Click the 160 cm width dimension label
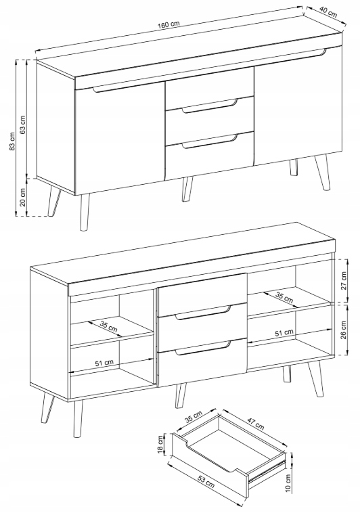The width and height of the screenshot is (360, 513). pyautogui.click(x=170, y=25)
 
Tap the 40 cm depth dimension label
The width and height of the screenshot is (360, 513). pyautogui.click(x=328, y=12)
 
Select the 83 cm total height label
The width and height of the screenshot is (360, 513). pyautogui.click(x=12, y=141)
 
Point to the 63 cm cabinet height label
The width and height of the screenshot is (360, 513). pyautogui.click(x=22, y=125)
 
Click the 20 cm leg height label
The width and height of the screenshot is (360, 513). pyautogui.click(x=22, y=197)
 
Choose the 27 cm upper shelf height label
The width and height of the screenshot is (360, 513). pyautogui.click(x=343, y=280)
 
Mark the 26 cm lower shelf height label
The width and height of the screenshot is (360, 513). pyautogui.click(x=343, y=330)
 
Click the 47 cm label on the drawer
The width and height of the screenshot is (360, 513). pyautogui.click(x=256, y=424)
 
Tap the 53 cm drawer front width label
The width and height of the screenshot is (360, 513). pyautogui.click(x=206, y=481)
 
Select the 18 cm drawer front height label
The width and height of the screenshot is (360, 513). pyautogui.click(x=160, y=444)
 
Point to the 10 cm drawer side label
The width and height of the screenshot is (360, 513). pyautogui.click(x=288, y=483)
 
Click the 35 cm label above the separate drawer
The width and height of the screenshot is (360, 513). pyautogui.click(x=194, y=417)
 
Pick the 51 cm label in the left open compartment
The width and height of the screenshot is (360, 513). pyautogui.click(x=104, y=363)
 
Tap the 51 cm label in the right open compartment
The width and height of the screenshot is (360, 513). pyautogui.click(x=284, y=333)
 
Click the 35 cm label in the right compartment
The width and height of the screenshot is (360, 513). pyautogui.click(x=284, y=296)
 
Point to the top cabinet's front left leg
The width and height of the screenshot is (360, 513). pyautogui.click(x=85, y=213)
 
